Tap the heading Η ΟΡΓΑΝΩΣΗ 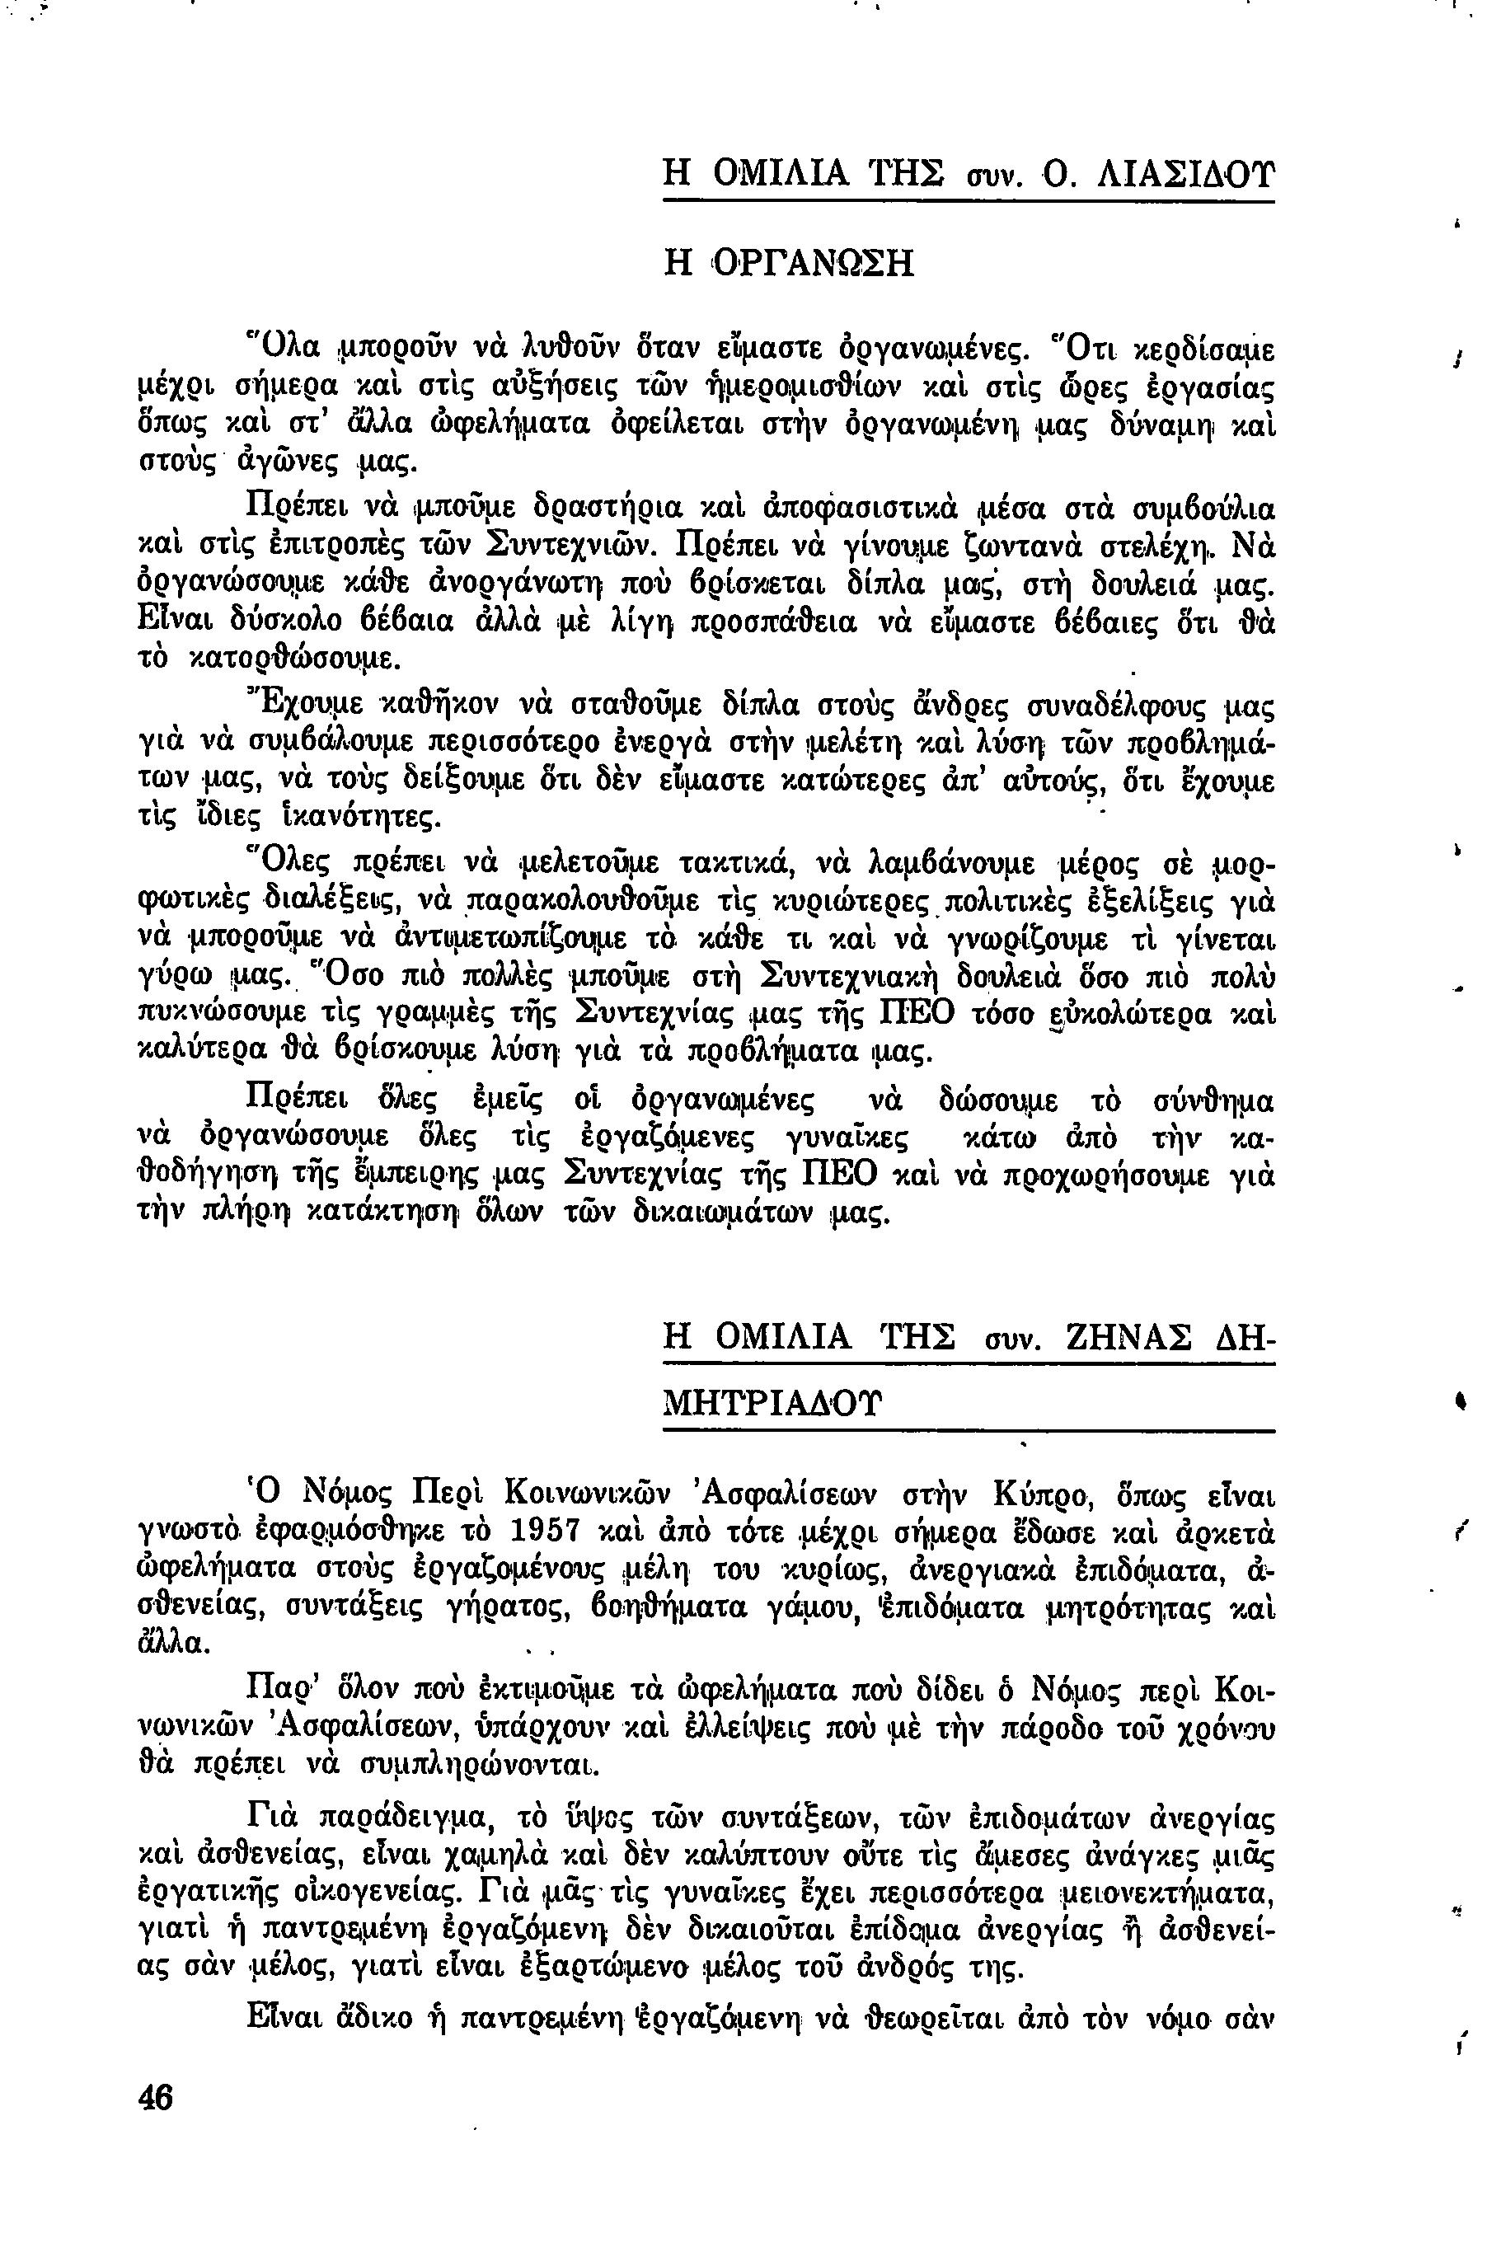point(787,263)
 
